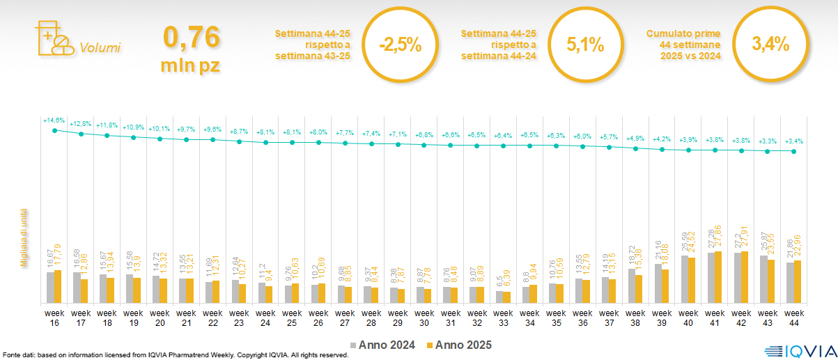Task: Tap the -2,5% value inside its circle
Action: (x=401, y=45)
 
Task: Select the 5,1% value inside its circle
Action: (x=585, y=45)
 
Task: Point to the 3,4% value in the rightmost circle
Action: (x=770, y=44)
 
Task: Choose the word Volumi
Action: (x=100, y=48)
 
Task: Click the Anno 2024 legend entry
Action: (x=385, y=345)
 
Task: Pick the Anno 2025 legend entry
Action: (x=460, y=345)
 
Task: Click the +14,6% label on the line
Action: (x=54, y=120)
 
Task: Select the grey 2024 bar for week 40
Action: (x=684, y=279)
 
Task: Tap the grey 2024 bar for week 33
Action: (x=499, y=297)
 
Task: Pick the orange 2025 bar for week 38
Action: (x=639, y=289)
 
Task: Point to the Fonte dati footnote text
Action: (x=174, y=355)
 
